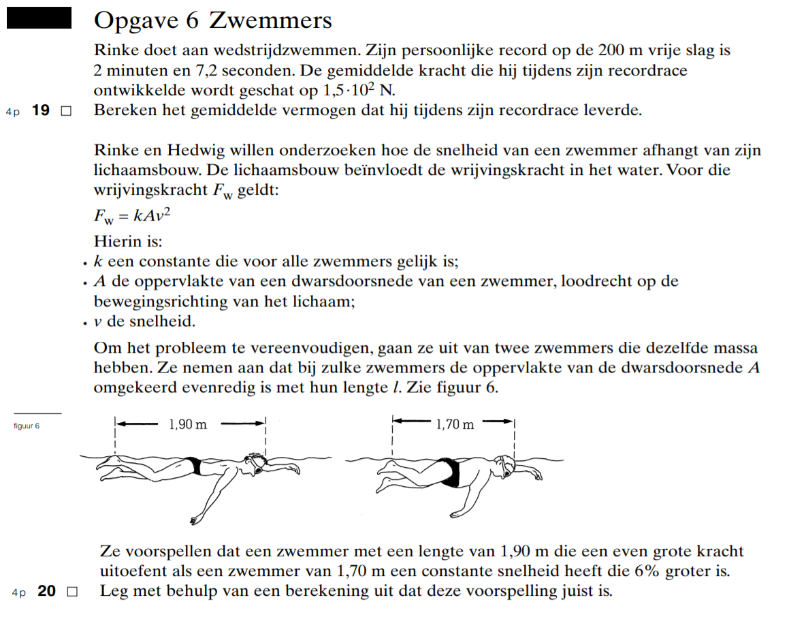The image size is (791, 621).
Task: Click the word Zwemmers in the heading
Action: [270, 20]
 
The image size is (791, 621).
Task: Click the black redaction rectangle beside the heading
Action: [39, 18]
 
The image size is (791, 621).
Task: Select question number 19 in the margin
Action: [41, 110]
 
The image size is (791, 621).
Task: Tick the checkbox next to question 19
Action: [66, 111]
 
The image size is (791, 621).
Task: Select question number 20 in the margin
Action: [47, 591]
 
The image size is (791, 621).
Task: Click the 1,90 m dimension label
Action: [187, 424]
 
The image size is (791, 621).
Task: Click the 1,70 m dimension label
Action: [455, 424]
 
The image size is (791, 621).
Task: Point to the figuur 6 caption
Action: [27, 426]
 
